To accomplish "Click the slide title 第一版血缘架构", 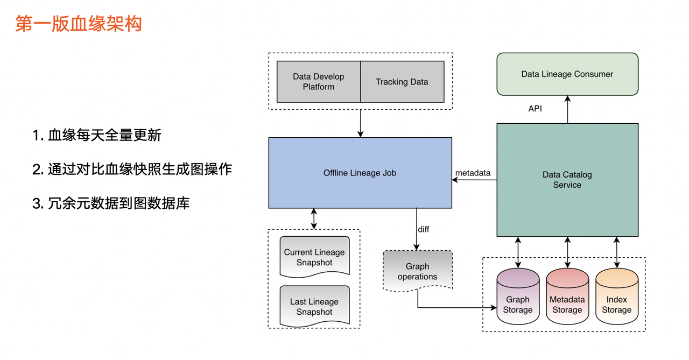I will coord(79,24).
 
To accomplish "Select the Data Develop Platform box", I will coord(318,82).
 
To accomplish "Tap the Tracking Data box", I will coord(402,82).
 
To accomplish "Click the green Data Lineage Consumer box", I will coord(567,74).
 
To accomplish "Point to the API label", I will coord(535,109).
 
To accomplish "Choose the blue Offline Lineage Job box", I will coord(360,173).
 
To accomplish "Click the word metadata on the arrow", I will coord(473,173).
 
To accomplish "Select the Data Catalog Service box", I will coord(567,180).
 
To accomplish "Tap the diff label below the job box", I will coord(424,229).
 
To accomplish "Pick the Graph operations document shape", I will coord(418,271).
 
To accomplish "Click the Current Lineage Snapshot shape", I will coord(315,257).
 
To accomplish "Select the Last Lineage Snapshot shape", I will coord(315,307).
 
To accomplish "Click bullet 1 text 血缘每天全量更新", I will coord(97,135).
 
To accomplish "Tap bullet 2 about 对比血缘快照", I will coord(132,169).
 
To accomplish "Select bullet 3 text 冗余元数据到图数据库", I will coord(111,203).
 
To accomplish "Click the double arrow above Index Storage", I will coord(617,252).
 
